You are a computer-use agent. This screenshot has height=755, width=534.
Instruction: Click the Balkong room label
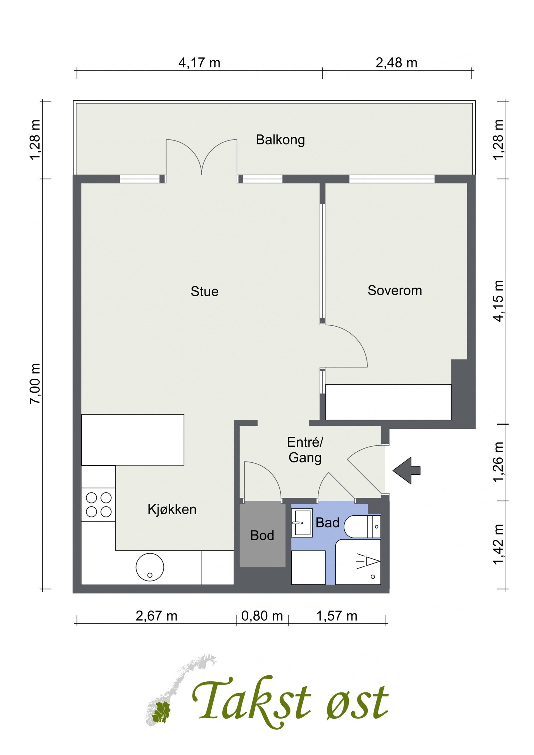coord(280,140)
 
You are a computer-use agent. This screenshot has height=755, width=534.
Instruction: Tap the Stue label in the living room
coord(205,291)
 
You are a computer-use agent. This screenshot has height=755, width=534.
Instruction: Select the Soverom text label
coord(395,290)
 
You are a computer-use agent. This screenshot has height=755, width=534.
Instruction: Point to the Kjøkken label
coord(172,509)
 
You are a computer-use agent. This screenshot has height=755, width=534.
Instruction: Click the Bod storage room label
coord(262,535)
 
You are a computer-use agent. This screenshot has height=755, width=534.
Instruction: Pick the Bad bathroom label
coord(327,523)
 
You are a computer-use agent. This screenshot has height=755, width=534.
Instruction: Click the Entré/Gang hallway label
coord(305,450)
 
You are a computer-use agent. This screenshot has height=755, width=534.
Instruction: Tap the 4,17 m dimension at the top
coord(199,63)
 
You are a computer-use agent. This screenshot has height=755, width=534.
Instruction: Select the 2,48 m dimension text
coord(396,63)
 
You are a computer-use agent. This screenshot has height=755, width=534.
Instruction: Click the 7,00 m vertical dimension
coord(35,384)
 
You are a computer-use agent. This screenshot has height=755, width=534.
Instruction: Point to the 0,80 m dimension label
coord(262,616)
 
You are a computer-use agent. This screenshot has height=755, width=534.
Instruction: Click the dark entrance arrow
coord(406,470)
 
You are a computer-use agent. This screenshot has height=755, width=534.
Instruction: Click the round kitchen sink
coord(150,567)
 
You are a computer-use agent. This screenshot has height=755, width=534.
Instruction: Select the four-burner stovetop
coord(98,505)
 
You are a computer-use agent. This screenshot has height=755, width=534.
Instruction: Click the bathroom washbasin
coord(302,523)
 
